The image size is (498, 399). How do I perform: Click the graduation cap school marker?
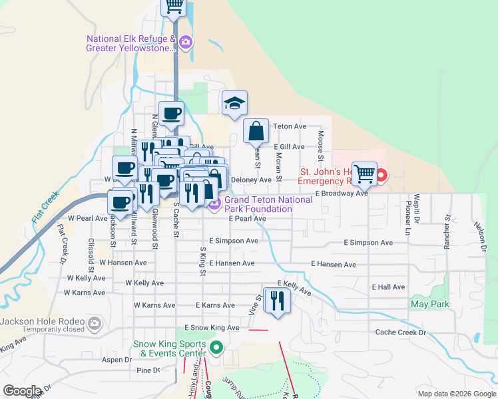click(234, 103)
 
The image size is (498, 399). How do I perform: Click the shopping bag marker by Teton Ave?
click(256, 131)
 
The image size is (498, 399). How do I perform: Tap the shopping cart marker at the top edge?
click(174, 7)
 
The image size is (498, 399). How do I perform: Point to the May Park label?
click(430, 305)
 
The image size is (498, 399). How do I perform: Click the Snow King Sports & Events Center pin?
click(216, 346)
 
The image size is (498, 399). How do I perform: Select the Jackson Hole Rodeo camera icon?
click(95, 323)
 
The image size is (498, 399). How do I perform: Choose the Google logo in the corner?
click(22, 391)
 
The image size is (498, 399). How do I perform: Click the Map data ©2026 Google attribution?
click(456, 394)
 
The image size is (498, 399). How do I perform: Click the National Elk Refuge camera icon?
click(185, 43)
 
